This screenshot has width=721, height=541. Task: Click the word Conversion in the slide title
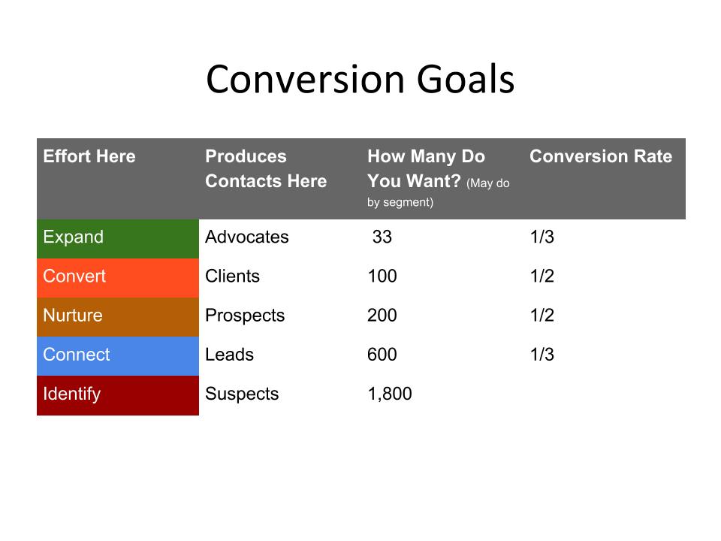click(306, 79)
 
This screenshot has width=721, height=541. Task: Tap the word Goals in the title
click(466, 79)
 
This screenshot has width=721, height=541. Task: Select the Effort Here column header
click(89, 156)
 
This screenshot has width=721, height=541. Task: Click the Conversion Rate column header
click(601, 156)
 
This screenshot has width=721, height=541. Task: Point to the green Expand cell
click(118, 239)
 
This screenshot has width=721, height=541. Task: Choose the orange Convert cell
click(118, 278)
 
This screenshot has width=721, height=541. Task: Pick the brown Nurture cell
click(118, 317)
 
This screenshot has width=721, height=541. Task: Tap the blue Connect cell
click(118, 356)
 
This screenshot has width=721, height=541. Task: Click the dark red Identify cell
click(118, 396)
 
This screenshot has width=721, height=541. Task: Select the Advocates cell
click(247, 237)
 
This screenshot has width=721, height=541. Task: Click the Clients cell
click(232, 276)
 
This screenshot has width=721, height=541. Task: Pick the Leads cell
click(230, 355)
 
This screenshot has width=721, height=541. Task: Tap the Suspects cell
click(242, 394)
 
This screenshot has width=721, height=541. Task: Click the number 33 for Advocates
click(382, 237)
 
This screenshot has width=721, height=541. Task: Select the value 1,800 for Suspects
click(390, 394)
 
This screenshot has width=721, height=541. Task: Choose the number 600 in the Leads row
click(382, 355)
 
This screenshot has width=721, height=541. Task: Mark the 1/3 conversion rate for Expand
click(542, 237)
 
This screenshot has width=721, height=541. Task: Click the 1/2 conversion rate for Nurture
click(542, 315)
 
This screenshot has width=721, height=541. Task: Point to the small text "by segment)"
click(400, 202)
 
